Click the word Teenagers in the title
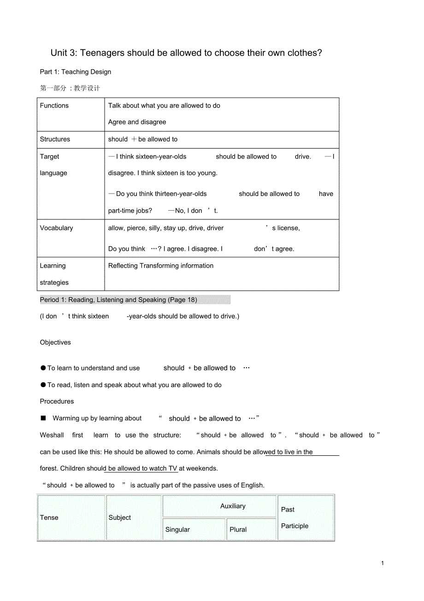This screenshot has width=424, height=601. coord(101,53)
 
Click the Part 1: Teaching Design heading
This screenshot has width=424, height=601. coord(76,72)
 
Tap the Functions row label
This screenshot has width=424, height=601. coord(54,106)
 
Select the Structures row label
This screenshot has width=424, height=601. coord(55,139)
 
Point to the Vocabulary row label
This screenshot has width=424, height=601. coord(57,228)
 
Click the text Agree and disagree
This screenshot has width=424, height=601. coord(137,122)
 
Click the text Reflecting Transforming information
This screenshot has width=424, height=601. coord(161,266)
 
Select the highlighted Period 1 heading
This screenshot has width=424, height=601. coord(118,300)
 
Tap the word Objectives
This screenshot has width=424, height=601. coord(55,342)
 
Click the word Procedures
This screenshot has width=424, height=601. coord(57,401)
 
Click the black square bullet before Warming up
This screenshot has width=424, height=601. coord(43,418)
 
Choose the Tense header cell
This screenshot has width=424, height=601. coord(49,518)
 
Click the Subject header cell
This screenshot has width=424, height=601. coord(120,518)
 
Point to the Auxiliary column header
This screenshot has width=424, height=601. coord(233,506)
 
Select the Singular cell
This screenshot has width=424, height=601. coord(177,530)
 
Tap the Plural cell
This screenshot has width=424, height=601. coord(238,530)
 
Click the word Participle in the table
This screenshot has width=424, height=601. coord(295,526)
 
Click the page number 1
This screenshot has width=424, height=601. coord(383,563)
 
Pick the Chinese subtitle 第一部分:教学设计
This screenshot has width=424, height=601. coord(70,88)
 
